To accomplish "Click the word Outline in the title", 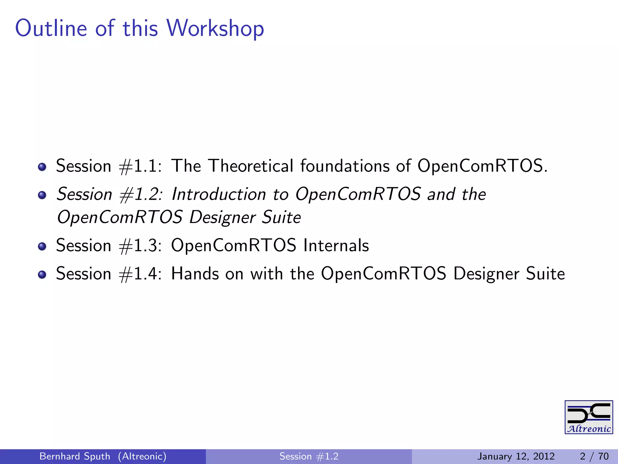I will pyautogui.click(x=51, y=28).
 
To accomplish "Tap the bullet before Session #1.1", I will pyautogui.click(x=42, y=167).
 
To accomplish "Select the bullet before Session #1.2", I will pyautogui.click(x=42, y=195).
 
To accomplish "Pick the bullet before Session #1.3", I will pyautogui.click(x=42, y=246).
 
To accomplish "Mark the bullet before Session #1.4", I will pyautogui.click(x=42, y=275).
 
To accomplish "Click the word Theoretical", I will pyautogui.click(x=251, y=166).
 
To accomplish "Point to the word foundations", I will pyautogui.click(x=345, y=166).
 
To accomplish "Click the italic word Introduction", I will pyautogui.click(x=219, y=194).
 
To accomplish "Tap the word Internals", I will pyautogui.click(x=336, y=245).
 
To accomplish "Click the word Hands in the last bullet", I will pyautogui.click(x=195, y=274).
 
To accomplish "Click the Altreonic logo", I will pyautogui.click(x=588, y=417).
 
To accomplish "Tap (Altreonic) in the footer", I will pyautogui.click(x=142, y=456).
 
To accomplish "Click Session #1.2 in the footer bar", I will pyautogui.click(x=309, y=456).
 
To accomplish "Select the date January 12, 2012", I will pyautogui.click(x=516, y=456).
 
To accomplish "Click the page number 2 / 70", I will pyautogui.click(x=594, y=456).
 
